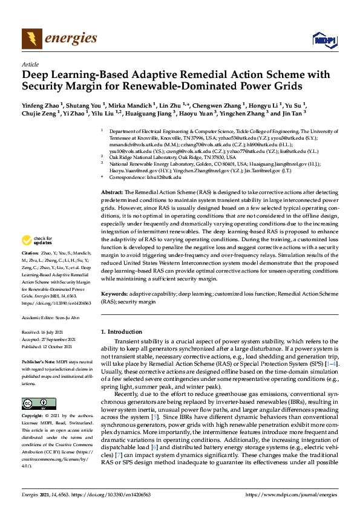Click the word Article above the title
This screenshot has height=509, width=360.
coord(30,63)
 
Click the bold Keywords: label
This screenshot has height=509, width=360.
coord(114,293)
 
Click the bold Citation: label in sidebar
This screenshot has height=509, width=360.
coord(31,252)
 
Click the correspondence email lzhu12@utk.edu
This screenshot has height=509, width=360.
coord(163,177)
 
